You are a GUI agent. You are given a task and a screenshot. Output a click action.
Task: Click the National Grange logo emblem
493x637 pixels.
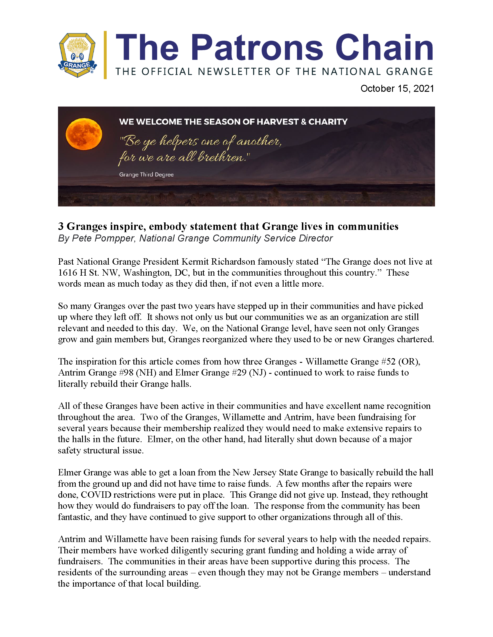pyautogui.click(x=77, y=55)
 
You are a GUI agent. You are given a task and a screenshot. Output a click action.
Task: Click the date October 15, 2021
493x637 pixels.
pyautogui.click(x=397, y=89)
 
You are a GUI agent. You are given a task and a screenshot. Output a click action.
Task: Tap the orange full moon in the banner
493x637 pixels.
pyautogui.click(x=84, y=134)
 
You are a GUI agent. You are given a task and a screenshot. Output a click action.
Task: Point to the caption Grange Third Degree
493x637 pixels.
pyautogui.click(x=146, y=174)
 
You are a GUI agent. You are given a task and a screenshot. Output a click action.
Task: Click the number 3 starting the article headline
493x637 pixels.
pyautogui.click(x=61, y=226)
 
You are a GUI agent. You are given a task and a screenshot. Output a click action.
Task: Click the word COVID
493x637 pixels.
pyautogui.click(x=96, y=495)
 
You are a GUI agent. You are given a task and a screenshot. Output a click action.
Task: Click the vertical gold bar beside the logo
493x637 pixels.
pyautogui.click(x=105, y=55)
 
